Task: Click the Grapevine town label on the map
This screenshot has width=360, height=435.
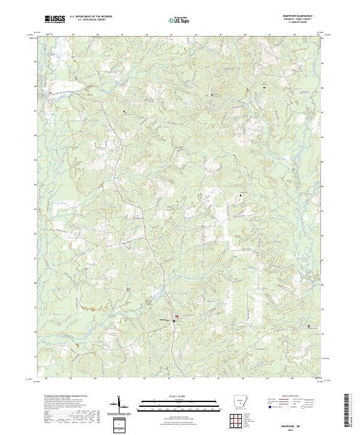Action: [x=164, y=320]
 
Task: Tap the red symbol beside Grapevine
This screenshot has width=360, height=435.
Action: [x=177, y=316]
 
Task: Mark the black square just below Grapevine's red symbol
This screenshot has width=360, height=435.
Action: [x=175, y=322]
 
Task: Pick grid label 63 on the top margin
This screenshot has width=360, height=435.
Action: [x=171, y=35]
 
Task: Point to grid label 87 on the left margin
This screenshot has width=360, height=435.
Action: [x=36, y=111]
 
